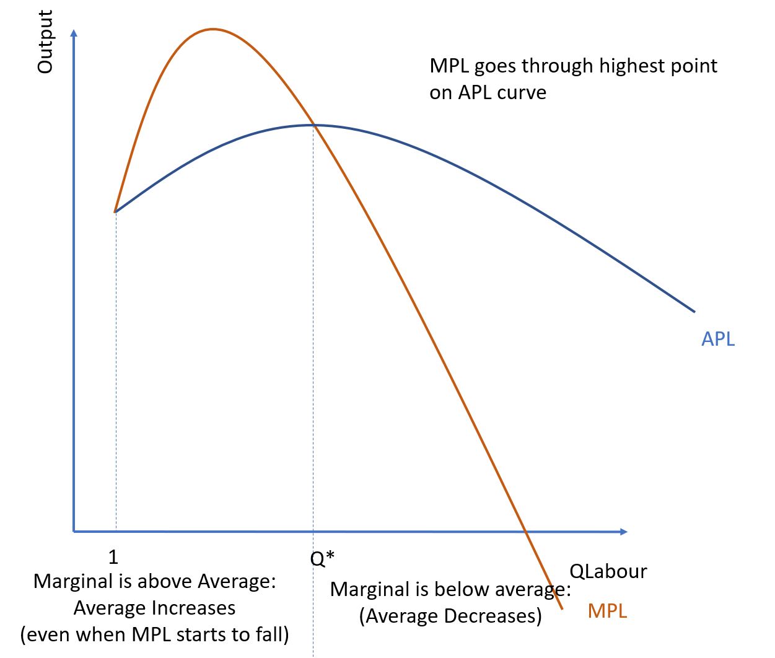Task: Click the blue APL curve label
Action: (x=717, y=339)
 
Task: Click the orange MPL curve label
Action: (x=607, y=611)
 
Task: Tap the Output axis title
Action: (x=45, y=42)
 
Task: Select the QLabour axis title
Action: (x=608, y=571)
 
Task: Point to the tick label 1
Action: (x=113, y=557)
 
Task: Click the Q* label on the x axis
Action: (x=322, y=558)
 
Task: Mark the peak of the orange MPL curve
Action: (x=212, y=29)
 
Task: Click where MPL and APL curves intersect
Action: (x=313, y=125)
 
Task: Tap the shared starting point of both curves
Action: (x=115, y=212)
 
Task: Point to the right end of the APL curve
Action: (x=694, y=311)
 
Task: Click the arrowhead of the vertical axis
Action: (x=74, y=32)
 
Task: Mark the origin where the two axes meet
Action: (x=74, y=531)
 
